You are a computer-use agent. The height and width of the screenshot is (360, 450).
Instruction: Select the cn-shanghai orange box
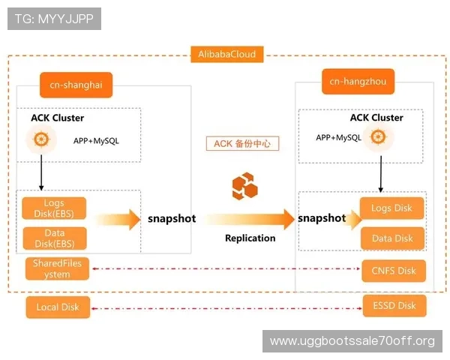(76, 85)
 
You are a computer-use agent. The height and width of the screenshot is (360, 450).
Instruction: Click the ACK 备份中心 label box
(242, 143)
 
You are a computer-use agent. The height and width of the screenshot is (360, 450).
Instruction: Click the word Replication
(250, 238)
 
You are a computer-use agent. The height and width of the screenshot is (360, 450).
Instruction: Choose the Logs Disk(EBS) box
(54, 208)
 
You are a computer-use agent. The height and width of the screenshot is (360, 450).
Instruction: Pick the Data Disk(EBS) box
(54, 238)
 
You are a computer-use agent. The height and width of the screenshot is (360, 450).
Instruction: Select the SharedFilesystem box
(57, 268)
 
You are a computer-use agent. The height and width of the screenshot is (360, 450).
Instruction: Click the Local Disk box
(57, 307)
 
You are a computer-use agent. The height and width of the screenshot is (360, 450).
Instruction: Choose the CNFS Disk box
(394, 271)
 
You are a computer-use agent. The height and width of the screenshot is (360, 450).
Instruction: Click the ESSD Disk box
(394, 305)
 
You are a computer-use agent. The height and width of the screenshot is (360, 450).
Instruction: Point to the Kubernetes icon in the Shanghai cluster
(40, 139)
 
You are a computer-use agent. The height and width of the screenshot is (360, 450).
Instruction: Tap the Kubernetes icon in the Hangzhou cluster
(379, 136)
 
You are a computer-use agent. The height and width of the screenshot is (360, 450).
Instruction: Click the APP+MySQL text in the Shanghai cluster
(95, 140)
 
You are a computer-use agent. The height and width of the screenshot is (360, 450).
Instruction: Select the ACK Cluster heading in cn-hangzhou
(376, 118)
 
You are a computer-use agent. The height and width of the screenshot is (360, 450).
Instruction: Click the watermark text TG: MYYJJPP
(54, 19)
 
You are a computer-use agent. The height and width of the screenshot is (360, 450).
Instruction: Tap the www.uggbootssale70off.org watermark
(352, 341)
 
